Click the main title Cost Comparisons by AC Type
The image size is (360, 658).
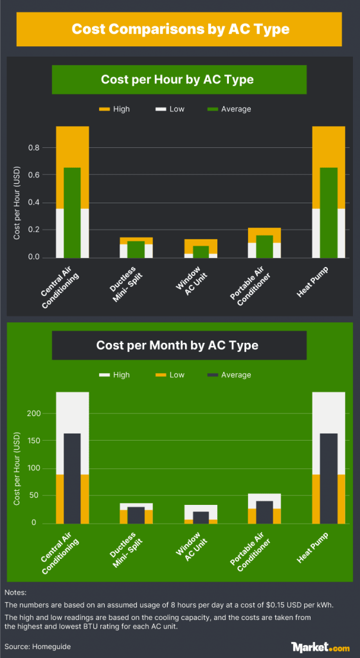tap(180, 29)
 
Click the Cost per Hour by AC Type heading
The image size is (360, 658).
tap(177, 80)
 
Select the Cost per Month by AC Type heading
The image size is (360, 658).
tap(177, 345)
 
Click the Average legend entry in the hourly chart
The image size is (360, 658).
tap(229, 109)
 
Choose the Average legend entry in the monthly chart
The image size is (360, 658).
tap(229, 375)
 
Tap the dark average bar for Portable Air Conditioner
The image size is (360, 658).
tap(264, 512)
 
